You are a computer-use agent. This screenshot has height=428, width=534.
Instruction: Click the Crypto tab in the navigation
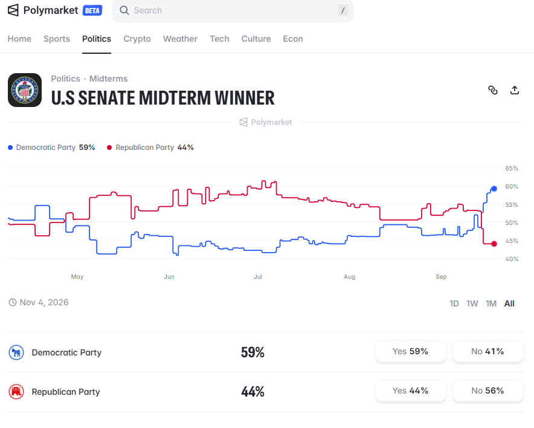click(137, 39)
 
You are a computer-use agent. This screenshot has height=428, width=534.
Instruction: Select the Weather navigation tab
click(180, 39)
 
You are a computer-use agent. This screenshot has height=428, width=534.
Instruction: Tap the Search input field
click(232, 10)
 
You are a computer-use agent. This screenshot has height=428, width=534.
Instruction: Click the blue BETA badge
click(92, 10)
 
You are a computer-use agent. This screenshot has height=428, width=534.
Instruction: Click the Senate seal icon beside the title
click(25, 90)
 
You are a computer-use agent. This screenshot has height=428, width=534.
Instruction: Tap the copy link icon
click(493, 90)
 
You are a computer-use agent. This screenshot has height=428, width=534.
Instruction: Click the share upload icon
click(515, 90)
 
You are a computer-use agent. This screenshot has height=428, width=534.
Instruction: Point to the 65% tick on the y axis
click(512, 168)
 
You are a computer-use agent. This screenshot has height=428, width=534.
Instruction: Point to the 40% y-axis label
click(512, 259)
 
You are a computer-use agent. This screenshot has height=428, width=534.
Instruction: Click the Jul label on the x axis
click(258, 276)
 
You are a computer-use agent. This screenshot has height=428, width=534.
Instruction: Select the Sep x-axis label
click(441, 276)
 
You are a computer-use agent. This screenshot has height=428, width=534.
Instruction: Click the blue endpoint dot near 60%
click(494, 189)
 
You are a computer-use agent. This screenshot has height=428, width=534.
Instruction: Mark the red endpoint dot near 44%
click(494, 244)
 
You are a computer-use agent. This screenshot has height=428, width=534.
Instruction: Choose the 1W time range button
click(472, 303)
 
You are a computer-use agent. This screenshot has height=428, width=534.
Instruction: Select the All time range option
click(509, 303)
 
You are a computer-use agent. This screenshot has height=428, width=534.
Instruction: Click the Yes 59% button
click(410, 352)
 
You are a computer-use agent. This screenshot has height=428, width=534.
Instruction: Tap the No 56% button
click(487, 391)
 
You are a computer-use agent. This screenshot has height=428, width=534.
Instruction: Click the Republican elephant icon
click(16, 392)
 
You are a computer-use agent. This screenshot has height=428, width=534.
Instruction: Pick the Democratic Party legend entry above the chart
click(51, 148)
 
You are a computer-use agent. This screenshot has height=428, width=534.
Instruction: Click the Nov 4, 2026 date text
click(44, 302)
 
